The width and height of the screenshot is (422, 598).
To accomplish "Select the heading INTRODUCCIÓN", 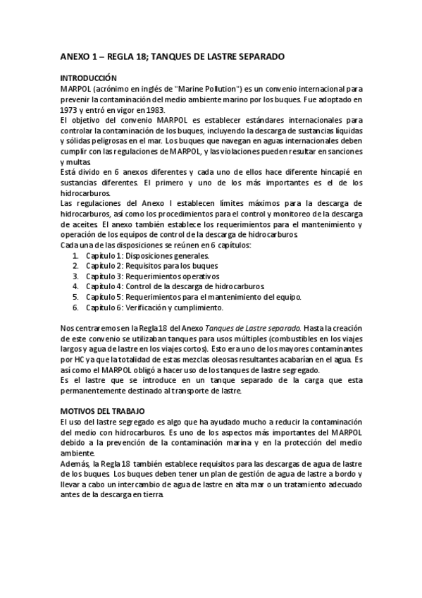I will click(x=88, y=78).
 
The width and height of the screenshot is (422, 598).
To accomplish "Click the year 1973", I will click(x=70, y=100).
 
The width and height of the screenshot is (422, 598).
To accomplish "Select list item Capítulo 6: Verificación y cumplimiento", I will click(x=154, y=307).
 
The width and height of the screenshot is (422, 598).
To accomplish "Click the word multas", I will click(x=73, y=161).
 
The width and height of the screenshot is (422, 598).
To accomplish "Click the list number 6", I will click(x=76, y=307).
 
